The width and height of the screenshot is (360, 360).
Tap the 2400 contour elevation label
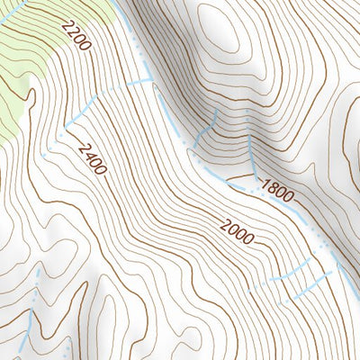point(92,158)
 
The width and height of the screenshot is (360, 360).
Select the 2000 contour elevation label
point(236,231)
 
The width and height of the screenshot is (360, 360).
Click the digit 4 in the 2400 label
point(88,154)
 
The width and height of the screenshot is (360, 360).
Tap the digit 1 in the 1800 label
point(265,183)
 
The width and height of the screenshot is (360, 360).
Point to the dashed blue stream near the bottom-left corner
point(31,315)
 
